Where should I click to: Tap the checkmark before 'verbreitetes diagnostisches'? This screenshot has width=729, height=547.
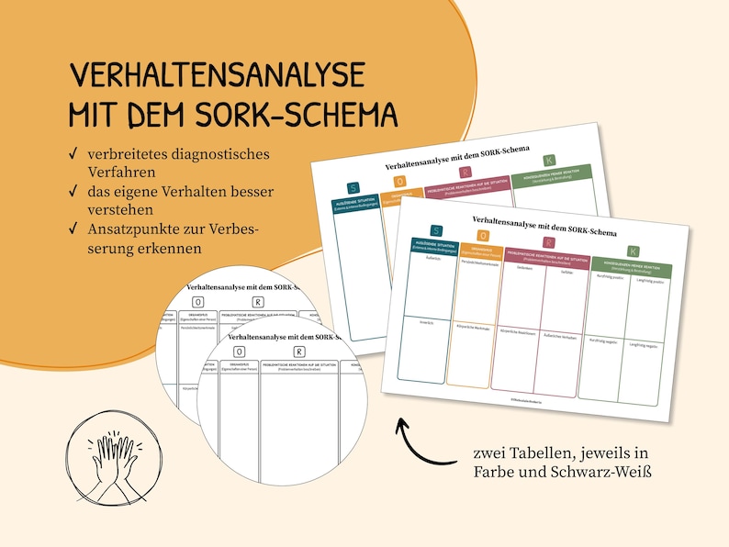pos(73,154)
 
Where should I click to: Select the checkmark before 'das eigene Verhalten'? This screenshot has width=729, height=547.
pos(73,192)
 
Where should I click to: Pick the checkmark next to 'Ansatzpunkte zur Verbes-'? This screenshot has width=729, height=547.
pos(73,229)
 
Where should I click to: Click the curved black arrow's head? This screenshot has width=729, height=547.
pos(400,425)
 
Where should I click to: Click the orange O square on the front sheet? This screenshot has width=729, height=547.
pos(483,237)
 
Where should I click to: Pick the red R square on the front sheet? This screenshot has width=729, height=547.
pos(549,243)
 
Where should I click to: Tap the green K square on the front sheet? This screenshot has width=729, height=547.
pos(632,251)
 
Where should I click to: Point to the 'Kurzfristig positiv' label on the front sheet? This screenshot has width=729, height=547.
pos(603,275)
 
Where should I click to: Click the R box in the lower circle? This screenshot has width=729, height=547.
pos(299,351)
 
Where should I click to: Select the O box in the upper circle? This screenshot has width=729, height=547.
pos(198,302)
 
